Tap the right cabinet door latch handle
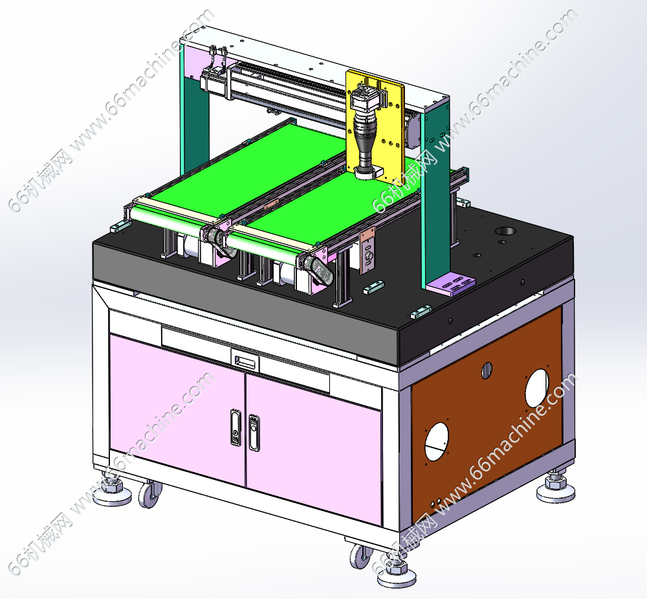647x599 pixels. pyautogui.click(x=254, y=433)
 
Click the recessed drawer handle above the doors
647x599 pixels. pyautogui.click(x=245, y=361)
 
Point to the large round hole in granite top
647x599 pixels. pyautogui.click(x=505, y=231)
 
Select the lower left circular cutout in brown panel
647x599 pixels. pyautogui.click(x=437, y=441)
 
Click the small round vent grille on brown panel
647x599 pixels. pyautogui.click(x=487, y=370)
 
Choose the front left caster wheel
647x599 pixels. pyautogui.click(x=149, y=494)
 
